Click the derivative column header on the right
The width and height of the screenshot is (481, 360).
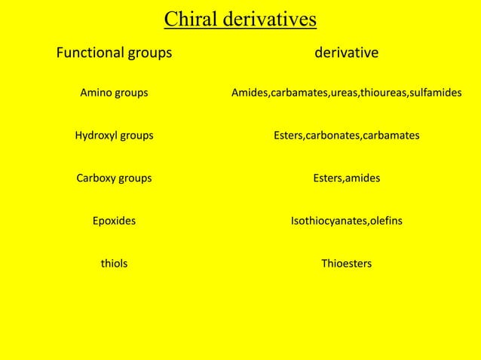pyautogui.click(x=346, y=53)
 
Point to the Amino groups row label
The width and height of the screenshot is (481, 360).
pyautogui.click(x=114, y=93)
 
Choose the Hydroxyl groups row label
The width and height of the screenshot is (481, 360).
pyautogui.click(x=114, y=136)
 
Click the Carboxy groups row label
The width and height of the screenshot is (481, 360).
pyautogui.click(x=114, y=178)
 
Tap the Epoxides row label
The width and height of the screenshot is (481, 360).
pyautogui.click(x=114, y=221)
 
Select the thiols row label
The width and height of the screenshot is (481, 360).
pyautogui.click(x=114, y=264)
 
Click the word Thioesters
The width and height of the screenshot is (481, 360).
pyautogui.click(x=346, y=264)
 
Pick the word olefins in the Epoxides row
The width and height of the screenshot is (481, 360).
pyautogui.click(x=385, y=221)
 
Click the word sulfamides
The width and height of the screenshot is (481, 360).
pyautogui.click(x=436, y=93)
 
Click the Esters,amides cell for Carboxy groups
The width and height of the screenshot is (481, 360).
pyautogui.click(x=346, y=178)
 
